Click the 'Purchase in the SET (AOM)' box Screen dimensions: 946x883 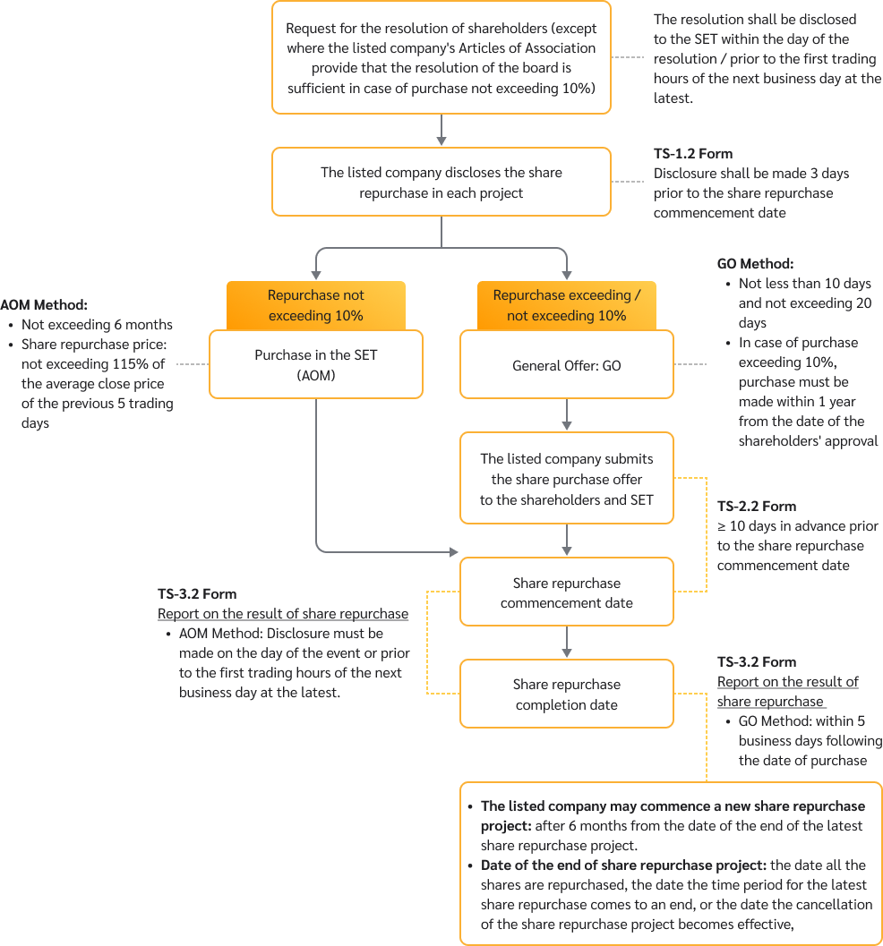(x=316, y=365)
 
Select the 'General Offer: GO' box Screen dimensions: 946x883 (x=566, y=365)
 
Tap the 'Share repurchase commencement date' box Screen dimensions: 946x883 (x=566, y=592)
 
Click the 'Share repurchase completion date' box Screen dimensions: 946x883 (x=566, y=695)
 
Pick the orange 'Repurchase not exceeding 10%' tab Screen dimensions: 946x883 (x=316, y=305)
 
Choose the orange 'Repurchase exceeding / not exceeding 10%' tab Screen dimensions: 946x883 (x=566, y=305)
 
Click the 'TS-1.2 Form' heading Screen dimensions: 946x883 (x=693, y=154)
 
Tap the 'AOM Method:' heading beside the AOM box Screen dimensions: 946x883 (x=43, y=305)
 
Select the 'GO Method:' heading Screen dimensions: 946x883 (x=755, y=264)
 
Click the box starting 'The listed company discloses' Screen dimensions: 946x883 (x=441, y=183)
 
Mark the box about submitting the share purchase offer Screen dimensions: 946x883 (x=566, y=479)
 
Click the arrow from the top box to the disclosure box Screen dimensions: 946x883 (x=441, y=131)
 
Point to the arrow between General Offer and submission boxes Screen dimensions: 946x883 (x=566, y=415)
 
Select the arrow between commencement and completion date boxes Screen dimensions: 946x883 (x=566, y=643)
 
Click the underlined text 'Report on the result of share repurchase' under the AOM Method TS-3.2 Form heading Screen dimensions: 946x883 (x=283, y=614)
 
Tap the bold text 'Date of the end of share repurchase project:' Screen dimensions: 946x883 (x=623, y=865)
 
